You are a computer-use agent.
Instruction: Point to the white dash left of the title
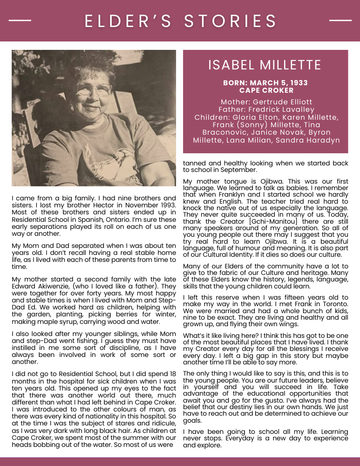click(x=20, y=21)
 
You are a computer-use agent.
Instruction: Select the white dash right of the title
click(x=340, y=21)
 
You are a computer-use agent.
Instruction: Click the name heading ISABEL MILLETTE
click(x=265, y=65)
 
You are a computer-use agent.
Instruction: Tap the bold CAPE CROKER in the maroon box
click(x=266, y=90)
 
